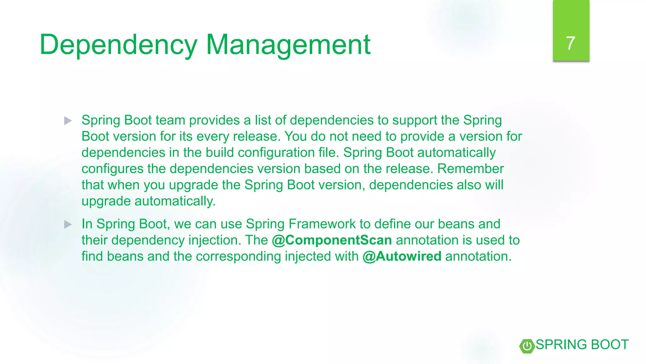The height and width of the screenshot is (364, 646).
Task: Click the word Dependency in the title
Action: [x=118, y=45]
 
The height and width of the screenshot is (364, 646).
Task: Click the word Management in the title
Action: [x=288, y=45]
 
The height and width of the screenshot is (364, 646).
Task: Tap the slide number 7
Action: [x=570, y=43]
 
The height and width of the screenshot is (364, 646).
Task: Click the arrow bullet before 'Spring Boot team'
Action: [x=68, y=121]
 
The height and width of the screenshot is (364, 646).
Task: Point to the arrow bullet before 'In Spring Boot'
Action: [x=68, y=225]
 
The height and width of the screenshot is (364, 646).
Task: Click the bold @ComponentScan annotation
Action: [x=332, y=240]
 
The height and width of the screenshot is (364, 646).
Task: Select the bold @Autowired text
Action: [x=402, y=256]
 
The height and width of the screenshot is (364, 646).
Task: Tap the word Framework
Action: [x=322, y=224]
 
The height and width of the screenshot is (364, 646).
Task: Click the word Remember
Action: [x=470, y=169]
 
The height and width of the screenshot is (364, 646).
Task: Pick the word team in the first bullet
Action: [x=170, y=120]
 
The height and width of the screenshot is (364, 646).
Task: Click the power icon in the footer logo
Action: [x=527, y=346]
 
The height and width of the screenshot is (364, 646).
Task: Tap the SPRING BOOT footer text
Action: [x=582, y=345]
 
